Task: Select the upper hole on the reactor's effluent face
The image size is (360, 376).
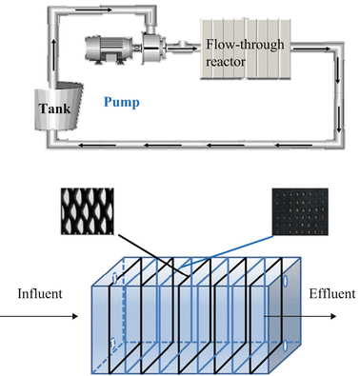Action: pos(286,282)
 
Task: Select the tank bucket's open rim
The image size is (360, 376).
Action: pos(44,86)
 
